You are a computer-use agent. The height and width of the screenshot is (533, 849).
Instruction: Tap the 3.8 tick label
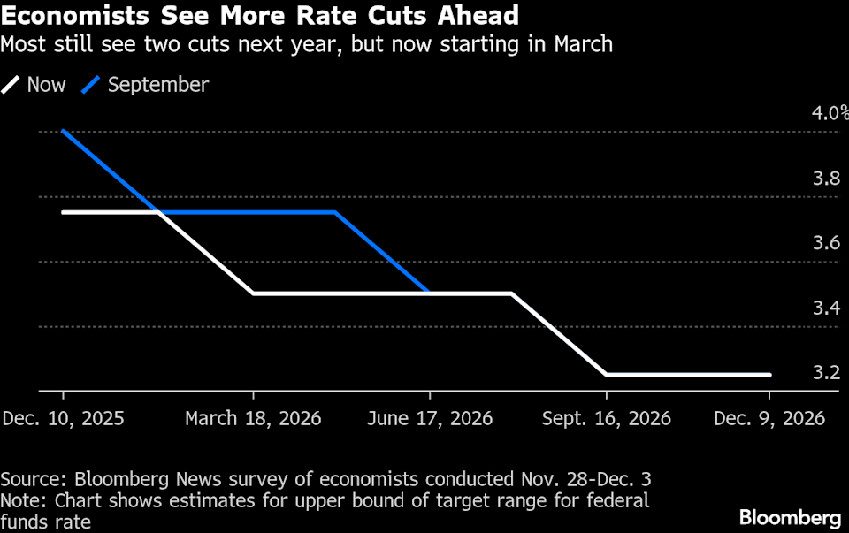(826, 179)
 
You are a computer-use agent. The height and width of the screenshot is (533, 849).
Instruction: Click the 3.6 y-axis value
(826, 243)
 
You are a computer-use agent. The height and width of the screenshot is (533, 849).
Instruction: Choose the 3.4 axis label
(826, 308)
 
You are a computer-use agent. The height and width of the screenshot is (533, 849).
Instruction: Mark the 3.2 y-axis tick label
(826, 373)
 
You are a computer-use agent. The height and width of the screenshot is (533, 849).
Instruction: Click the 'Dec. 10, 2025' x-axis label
(63, 418)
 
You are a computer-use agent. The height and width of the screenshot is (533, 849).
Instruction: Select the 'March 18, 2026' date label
(253, 418)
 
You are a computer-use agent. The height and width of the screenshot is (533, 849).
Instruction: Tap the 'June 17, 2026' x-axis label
(429, 418)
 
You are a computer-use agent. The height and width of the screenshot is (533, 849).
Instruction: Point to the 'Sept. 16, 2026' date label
(607, 418)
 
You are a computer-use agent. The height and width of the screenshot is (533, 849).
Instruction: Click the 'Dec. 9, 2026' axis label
(769, 418)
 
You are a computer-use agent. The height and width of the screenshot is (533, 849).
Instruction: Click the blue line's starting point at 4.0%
(64, 132)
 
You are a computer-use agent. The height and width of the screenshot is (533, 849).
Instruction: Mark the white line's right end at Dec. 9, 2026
(769, 375)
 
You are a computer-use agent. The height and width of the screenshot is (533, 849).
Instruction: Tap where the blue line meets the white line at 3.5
(430, 293)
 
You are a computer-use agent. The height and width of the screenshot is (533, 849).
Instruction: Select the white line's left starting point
(64, 212)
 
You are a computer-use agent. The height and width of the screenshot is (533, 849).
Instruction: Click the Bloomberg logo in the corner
(790, 516)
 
